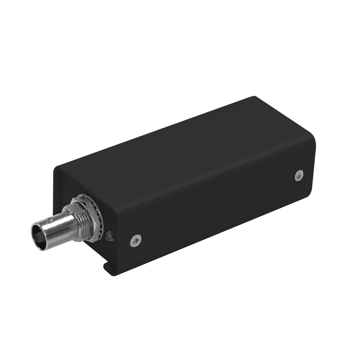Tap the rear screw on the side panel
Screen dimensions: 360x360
298,174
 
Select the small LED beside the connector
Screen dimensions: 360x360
109,236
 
